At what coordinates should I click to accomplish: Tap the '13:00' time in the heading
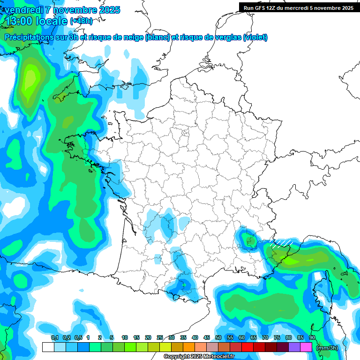[20, 21]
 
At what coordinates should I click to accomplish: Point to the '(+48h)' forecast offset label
[82, 21]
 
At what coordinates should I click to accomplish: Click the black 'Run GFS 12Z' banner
[299, 7]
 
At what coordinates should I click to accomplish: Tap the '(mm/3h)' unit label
[328, 347]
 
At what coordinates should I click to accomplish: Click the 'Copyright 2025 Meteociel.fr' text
[199, 357]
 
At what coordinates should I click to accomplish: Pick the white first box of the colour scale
[48, 347]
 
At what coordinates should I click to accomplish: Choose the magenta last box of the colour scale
[306, 347]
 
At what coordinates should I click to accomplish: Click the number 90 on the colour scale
[312, 338]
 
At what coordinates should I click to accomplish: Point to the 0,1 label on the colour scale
[54, 338]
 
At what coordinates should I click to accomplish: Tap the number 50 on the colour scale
[218, 338]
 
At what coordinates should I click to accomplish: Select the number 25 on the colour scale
[160, 338]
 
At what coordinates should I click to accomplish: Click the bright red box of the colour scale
[247, 347]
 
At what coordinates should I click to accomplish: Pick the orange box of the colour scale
[188, 347]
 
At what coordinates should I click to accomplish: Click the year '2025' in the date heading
[106, 10]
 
